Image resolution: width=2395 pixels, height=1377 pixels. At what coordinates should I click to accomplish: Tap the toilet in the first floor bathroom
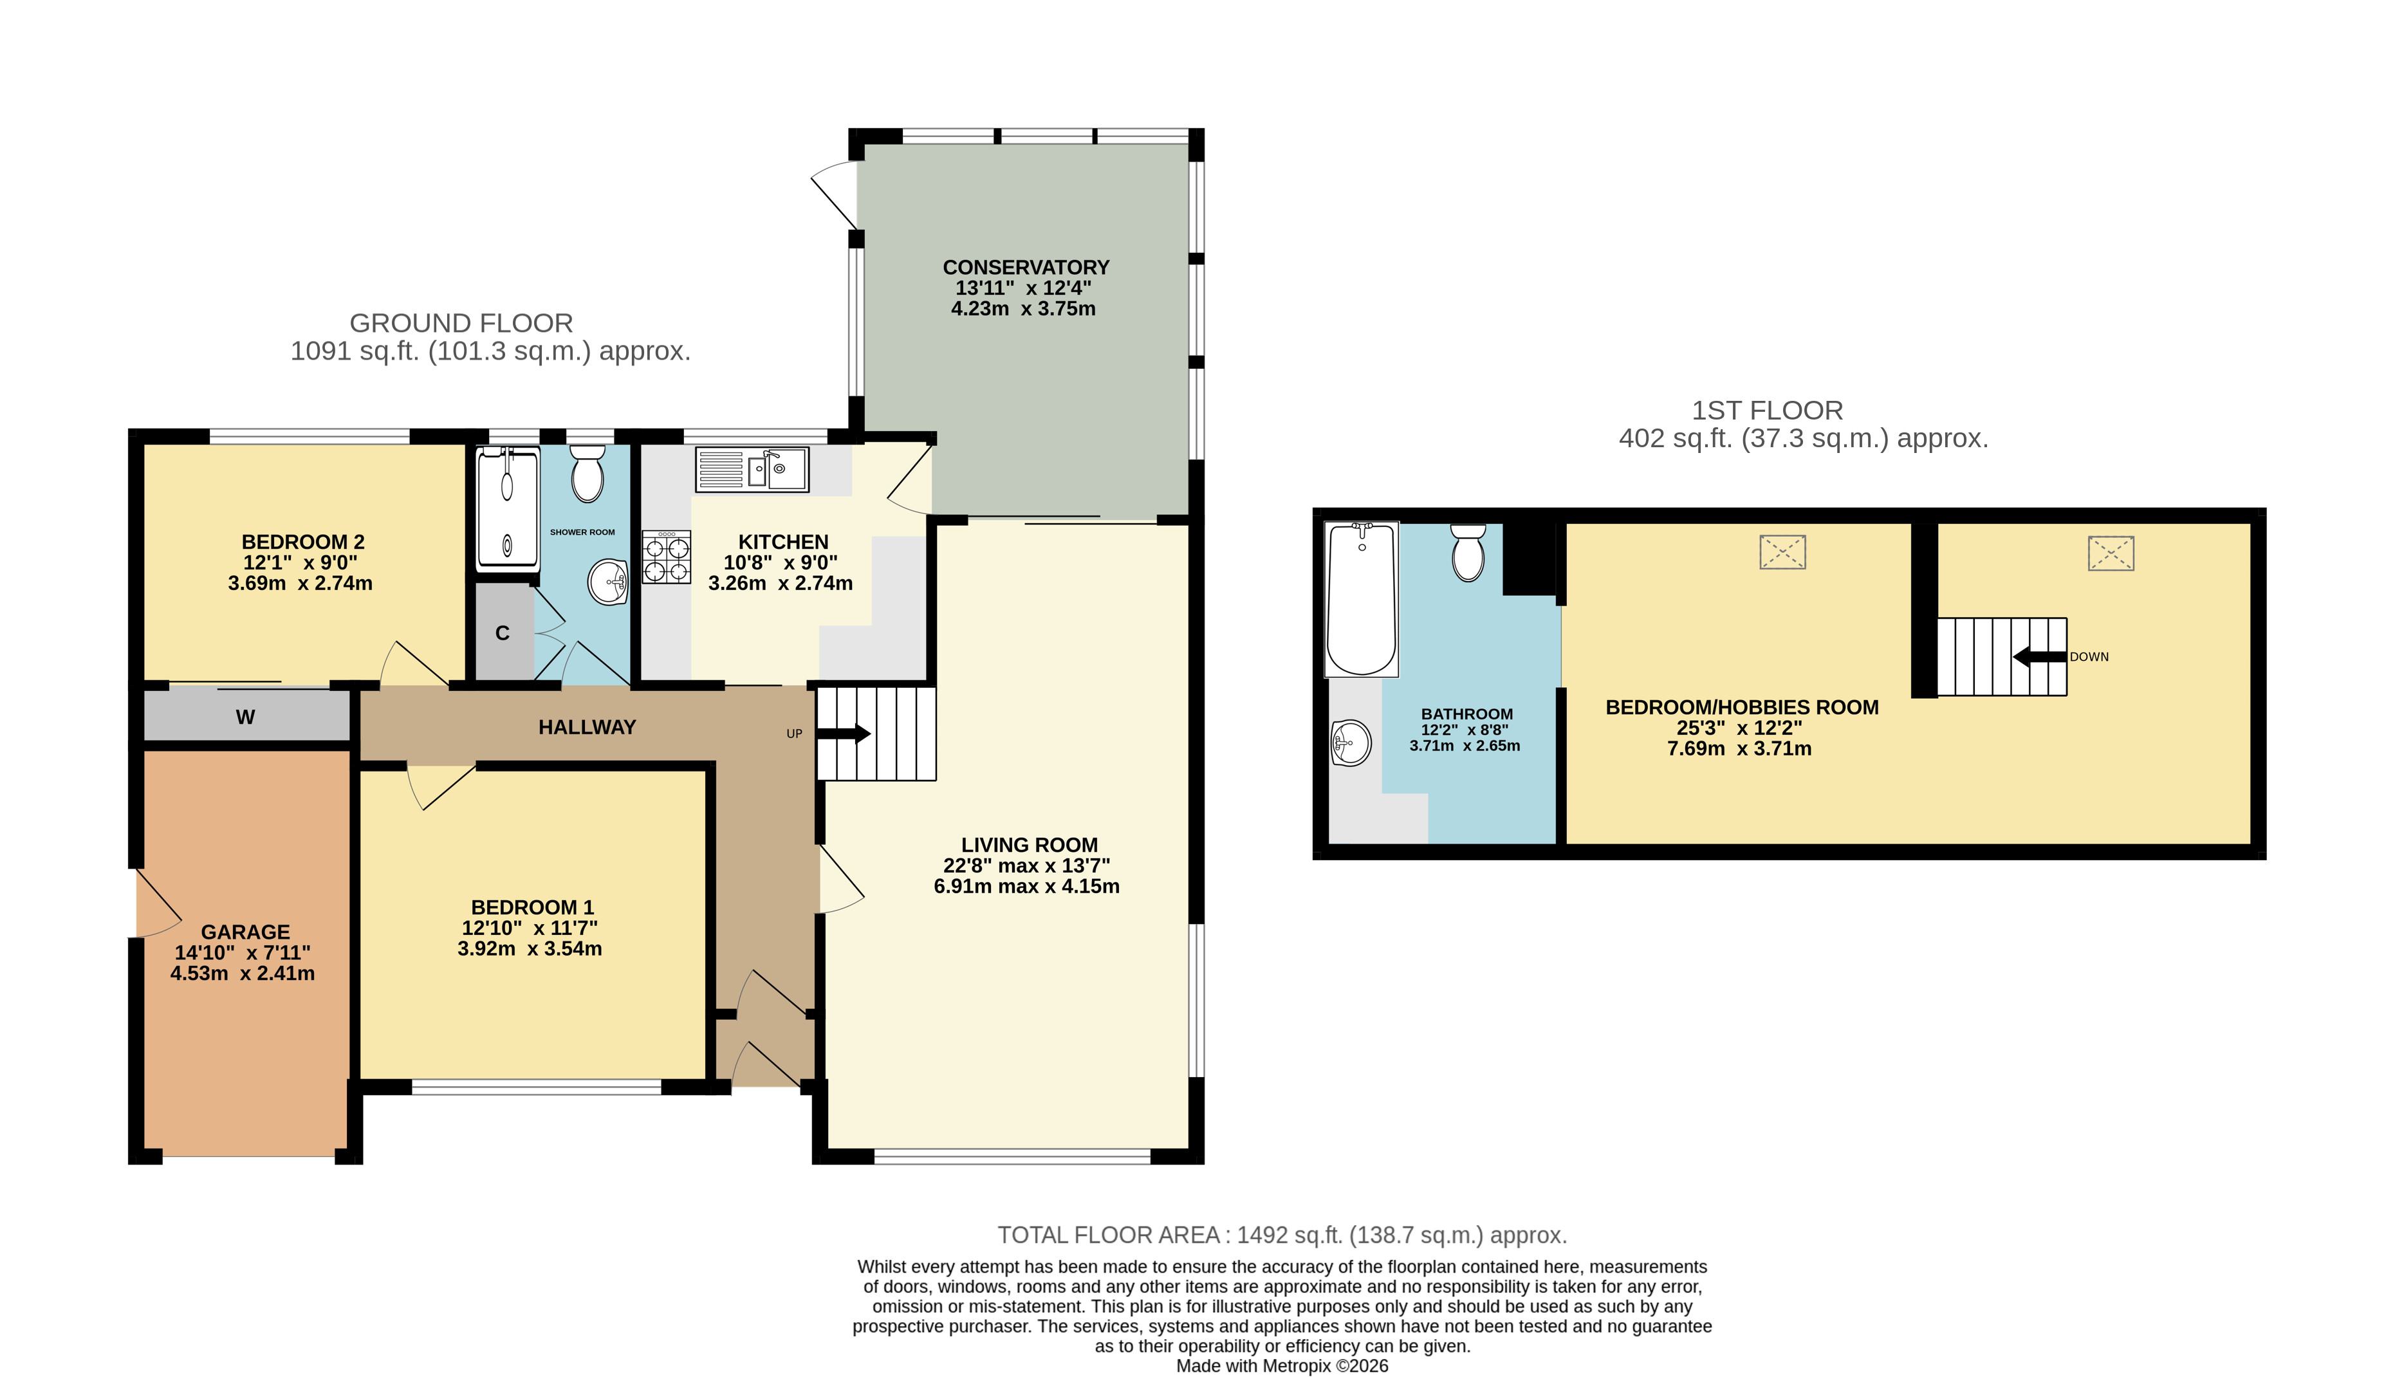click(x=1468, y=552)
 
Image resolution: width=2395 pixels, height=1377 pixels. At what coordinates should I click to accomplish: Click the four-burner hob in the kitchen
click(x=667, y=556)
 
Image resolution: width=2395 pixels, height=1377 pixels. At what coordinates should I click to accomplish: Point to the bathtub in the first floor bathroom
click(x=1362, y=600)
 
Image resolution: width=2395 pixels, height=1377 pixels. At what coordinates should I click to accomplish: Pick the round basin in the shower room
click(x=608, y=582)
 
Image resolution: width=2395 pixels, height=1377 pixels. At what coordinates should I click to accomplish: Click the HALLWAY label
click(x=587, y=727)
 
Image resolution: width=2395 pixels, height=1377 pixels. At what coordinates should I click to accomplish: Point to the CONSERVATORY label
click(x=1026, y=268)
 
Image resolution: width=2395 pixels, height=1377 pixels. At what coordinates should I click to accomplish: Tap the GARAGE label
click(x=246, y=932)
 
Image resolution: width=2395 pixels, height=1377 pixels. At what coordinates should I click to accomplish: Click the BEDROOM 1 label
click(x=532, y=908)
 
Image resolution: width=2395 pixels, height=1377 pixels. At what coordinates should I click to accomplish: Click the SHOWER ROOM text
click(x=582, y=532)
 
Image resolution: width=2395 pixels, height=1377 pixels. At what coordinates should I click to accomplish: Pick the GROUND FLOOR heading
click(x=461, y=324)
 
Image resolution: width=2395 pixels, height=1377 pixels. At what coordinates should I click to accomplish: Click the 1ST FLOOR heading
click(x=1767, y=411)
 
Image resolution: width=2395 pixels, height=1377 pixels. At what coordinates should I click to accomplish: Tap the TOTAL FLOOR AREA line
click(x=1282, y=1235)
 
